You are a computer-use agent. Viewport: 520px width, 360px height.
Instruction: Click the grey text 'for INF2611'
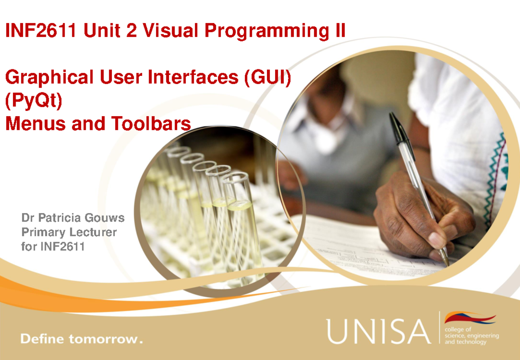click(52, 247)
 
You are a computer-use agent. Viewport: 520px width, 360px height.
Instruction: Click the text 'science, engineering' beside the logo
click(472, 336)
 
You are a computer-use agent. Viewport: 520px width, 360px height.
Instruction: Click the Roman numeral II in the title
click(340, 31)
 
